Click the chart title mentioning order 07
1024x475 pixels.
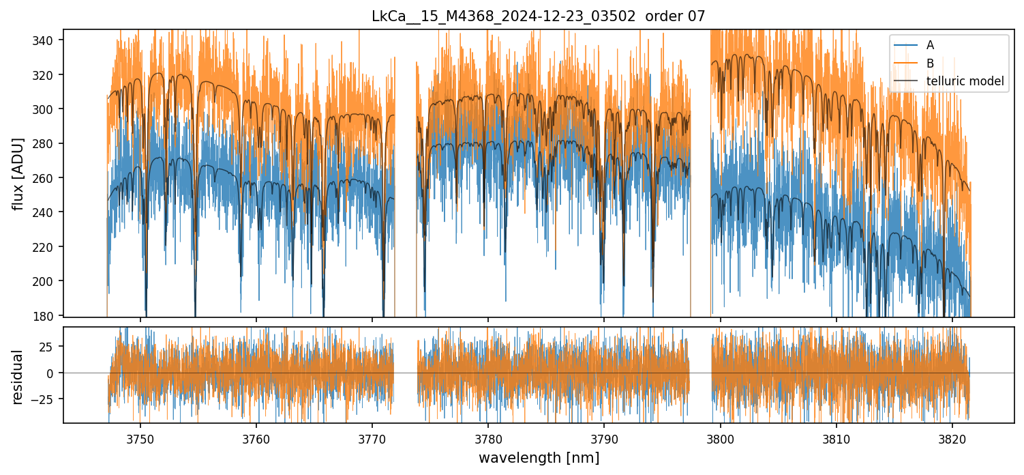pos(539,16)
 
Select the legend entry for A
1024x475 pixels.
pos(930,46)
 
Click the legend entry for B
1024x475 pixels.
pos(930,63)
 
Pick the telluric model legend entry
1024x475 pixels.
pos(965,81)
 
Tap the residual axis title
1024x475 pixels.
pos(18,377)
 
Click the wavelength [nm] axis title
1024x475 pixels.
pos(539,458)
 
